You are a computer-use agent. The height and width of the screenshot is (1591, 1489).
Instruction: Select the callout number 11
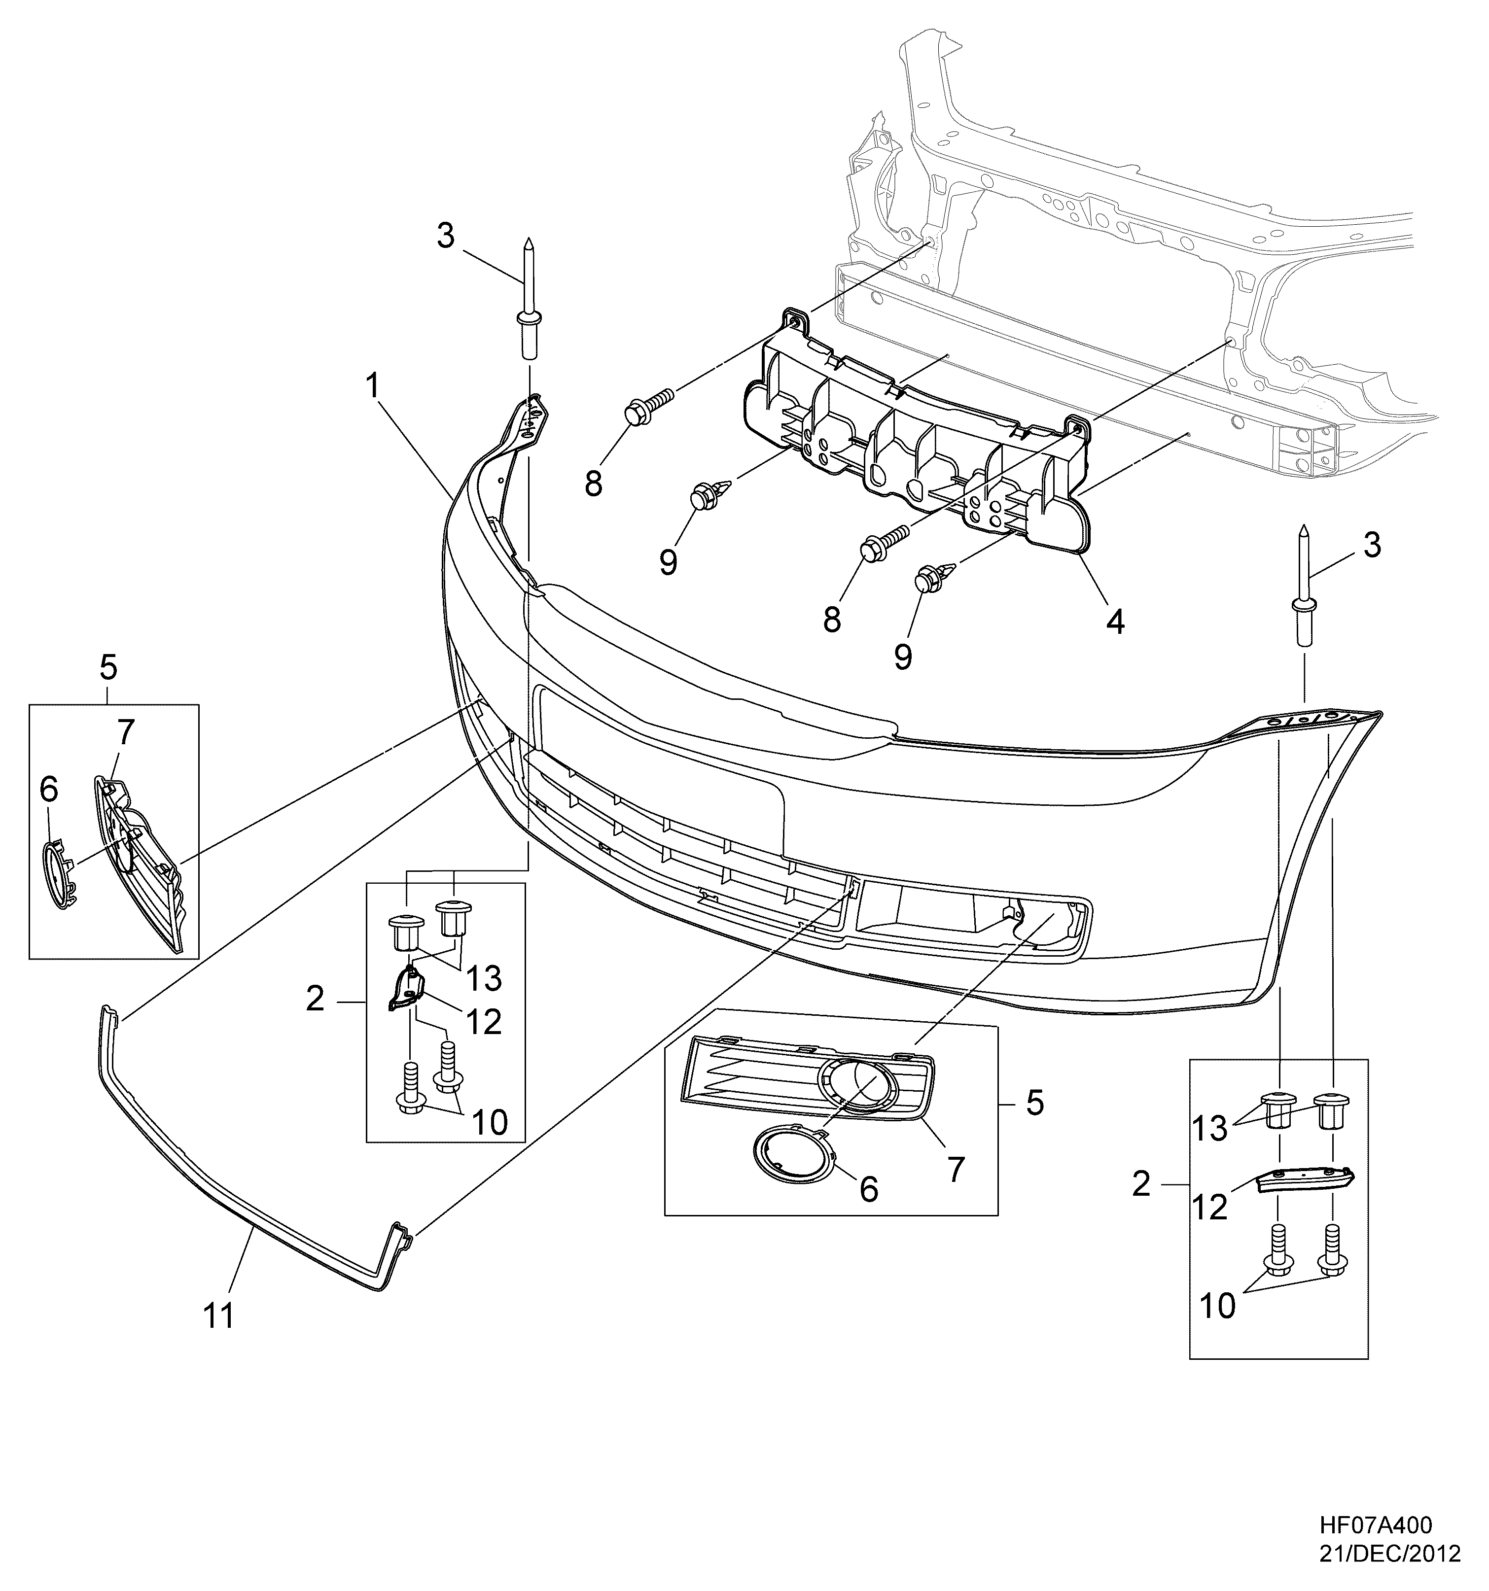218,1315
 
